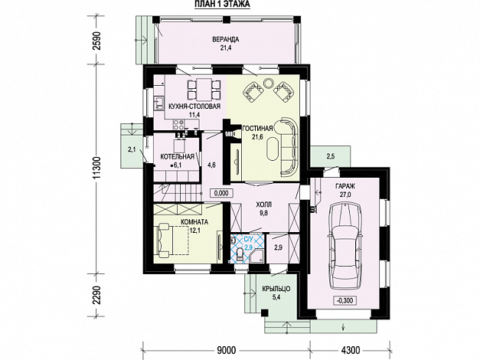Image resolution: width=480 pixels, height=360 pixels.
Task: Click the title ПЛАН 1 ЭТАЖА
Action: (x=222, y=4)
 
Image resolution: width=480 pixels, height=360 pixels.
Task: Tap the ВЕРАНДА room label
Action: (x=225, y=39)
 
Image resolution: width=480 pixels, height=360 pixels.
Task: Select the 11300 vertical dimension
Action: (x=96, y=169)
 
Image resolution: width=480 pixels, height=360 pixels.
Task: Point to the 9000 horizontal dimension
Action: (x=227, y=349)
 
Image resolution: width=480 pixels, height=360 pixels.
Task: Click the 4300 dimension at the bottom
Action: (x=350, y=349)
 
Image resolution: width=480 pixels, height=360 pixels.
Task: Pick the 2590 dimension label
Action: (x=96, y=40)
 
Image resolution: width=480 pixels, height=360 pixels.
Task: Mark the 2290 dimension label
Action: (x=96, y=295)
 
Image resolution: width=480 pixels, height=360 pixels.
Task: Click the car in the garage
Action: (x=344, y=245)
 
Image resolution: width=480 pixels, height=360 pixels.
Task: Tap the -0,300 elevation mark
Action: (x=344, y=300)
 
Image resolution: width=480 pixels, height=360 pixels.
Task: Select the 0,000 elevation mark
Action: (x=221, y=193)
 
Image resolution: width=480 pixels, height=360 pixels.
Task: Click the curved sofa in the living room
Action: (x=289, y=146)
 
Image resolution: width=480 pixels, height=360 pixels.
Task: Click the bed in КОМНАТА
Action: (x=173, y=239)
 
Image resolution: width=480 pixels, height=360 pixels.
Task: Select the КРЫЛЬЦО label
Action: (x=276, y=289)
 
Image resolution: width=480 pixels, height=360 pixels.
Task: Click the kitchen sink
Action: (x=158, y=103)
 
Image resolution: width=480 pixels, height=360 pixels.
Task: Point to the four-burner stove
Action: (x=178, y=124)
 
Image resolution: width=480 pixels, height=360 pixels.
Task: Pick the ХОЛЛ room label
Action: (x=264, y=205)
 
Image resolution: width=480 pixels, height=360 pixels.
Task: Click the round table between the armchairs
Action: (x=269, y=83)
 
